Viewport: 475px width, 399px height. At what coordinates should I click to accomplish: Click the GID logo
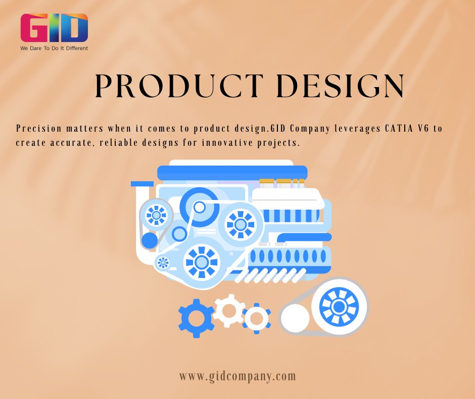click(x=54, y=28)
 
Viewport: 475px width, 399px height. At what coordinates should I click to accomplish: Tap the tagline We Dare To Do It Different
click(x=54, y=49)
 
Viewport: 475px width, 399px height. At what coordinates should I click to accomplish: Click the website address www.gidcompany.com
click(x=238, y=376)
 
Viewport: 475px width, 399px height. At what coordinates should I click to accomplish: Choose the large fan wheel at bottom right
click(x=339, y=306)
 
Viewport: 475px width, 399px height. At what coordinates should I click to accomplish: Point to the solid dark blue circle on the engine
click(x=150, y=241)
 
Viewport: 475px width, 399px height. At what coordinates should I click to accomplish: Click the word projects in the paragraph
click(x=278, y=143)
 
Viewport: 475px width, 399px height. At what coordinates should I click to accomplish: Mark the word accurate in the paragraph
click(x=72, y=143)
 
